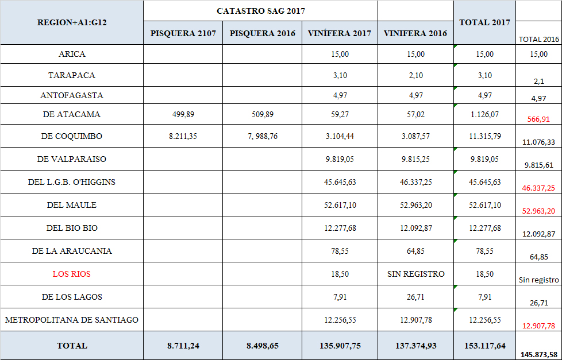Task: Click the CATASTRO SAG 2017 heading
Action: (260, 11)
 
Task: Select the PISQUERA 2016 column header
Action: (263, 33)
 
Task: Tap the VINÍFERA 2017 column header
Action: (340, 33)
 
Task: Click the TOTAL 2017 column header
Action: (484, 22)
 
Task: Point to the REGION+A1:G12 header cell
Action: (72, 22)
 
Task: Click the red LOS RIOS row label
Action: (72, 274)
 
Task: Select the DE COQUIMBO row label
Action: (72, 136)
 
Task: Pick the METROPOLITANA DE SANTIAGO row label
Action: (72, 320)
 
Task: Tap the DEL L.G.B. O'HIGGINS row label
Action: (72, 182)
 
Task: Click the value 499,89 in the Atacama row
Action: (183, 114)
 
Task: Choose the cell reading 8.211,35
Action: (183, 136)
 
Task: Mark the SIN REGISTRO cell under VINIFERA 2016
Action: (416, 274)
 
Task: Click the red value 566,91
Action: (538, 119)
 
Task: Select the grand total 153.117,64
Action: (484, 346)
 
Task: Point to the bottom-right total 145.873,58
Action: (538, 354)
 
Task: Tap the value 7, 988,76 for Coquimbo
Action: (263, 136)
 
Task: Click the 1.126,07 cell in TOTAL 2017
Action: (484, 114)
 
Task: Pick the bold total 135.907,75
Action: (340, 346)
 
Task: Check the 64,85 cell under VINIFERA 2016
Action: (416, 251)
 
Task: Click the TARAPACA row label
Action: (72, 75)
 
